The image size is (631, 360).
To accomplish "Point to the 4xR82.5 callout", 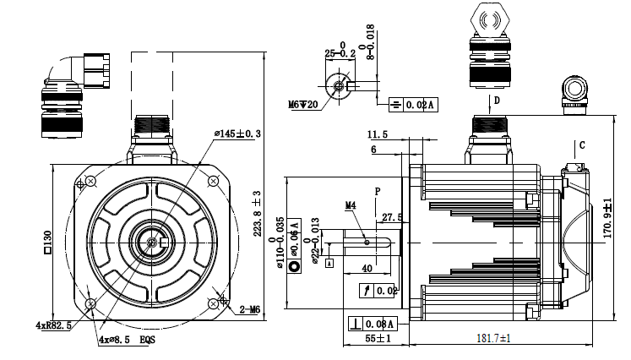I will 52,325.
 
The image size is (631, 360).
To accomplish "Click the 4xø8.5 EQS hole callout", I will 127,339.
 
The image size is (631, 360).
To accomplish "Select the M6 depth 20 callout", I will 302,104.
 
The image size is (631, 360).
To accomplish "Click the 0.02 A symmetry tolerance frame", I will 413,105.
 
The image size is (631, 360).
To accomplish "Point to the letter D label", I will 497,101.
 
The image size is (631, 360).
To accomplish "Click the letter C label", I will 582,145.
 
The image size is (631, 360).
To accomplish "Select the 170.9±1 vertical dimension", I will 607,217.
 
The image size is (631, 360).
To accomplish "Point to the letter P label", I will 378,192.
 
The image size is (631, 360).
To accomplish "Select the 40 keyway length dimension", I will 366,268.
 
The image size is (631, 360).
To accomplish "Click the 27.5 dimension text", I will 392,217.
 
